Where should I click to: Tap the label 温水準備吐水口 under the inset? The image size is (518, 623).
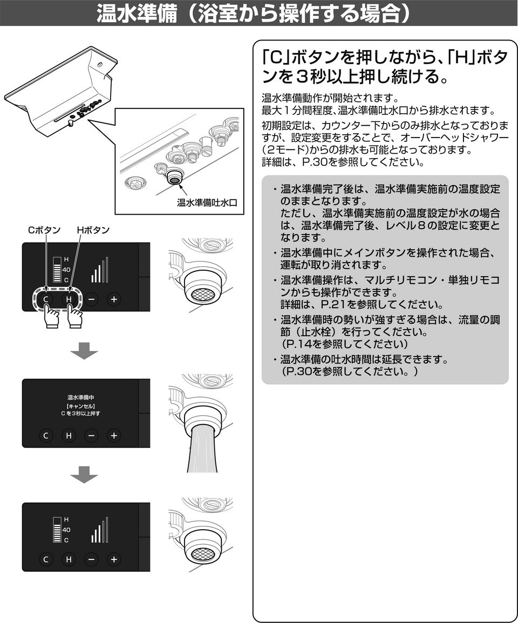pos(207,203)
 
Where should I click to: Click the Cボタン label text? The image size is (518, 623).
pos(44,230)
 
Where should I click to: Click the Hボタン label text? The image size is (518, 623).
pos(93,230)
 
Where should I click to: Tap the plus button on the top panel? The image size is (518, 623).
pos(113,299)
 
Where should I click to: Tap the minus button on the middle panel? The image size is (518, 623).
pos(91,435)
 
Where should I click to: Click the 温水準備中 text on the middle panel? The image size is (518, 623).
pos(80,398)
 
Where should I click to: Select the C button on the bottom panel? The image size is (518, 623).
pos(46,559)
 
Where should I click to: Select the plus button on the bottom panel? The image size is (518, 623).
pos(113,559)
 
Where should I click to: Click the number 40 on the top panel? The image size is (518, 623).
pos(66,270)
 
